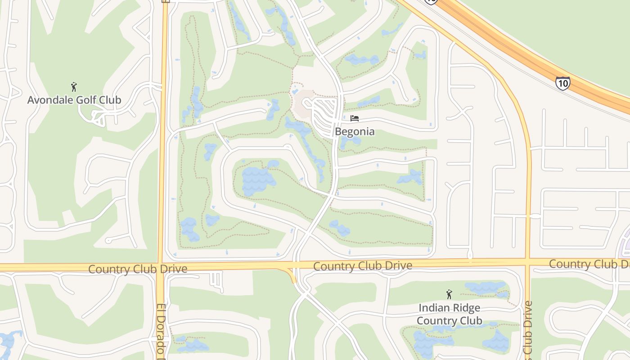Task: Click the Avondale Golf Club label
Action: click(74, 100)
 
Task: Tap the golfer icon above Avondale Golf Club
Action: click(74, 86)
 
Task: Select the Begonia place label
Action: click(355, 132)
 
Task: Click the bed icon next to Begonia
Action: click(355, 119)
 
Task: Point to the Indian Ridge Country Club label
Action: click(449, 314)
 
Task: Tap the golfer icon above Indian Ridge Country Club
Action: click(449, 295)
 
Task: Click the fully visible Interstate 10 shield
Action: click(562, 83)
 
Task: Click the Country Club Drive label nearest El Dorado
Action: click(137, 269)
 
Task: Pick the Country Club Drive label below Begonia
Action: click(362, 266)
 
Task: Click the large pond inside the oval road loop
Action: click(258, 180)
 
